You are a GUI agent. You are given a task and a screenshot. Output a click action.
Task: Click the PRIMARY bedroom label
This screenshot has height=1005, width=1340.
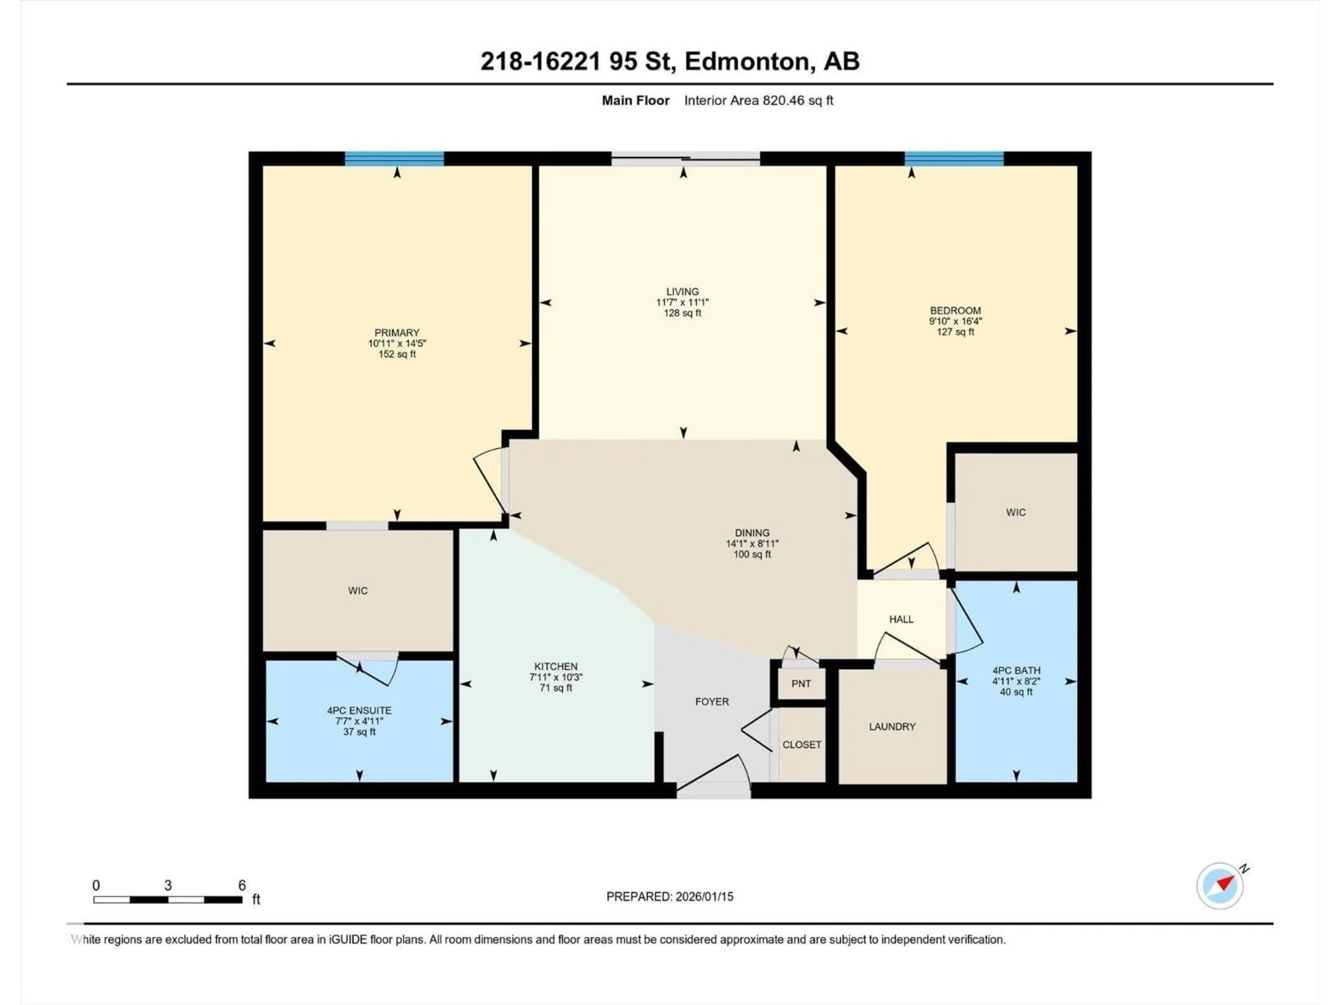pos(397,333)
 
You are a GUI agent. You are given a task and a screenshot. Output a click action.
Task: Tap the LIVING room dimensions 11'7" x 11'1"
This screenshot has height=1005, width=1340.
pos(682,302)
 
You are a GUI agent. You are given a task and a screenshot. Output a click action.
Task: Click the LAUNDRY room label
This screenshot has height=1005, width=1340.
pos(892,726)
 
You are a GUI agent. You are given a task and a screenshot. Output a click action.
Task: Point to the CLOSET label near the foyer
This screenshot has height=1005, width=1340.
pos(802,745)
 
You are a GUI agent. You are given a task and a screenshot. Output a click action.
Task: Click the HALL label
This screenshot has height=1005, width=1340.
pos(901,619)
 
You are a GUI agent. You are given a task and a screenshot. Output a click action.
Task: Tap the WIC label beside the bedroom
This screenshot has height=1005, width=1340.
pos(1015,513)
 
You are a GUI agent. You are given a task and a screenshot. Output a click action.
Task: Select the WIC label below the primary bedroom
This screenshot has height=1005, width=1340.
pos(357,591)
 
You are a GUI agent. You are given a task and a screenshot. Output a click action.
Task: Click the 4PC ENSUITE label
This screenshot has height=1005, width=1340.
pos(359,710)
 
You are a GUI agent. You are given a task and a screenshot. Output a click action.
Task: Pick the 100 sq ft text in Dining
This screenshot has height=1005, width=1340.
pos(752,554)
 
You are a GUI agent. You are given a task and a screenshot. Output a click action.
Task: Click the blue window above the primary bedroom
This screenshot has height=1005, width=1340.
pos(394,159)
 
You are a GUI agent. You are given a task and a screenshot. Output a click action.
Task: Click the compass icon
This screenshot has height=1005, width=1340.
pos(1220,886)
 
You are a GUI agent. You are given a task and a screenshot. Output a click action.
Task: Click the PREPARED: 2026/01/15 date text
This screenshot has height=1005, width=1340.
pos(669,896)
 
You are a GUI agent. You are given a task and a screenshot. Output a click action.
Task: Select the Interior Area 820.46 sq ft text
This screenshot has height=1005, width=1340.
pos(758,100)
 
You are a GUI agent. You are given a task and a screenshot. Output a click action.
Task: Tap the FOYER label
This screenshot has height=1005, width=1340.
pos(712,701)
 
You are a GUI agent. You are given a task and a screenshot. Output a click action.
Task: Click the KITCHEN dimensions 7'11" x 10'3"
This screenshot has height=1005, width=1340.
pos(556,677)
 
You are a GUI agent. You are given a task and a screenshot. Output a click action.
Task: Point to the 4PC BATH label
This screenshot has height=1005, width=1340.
pos(1016,671)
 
